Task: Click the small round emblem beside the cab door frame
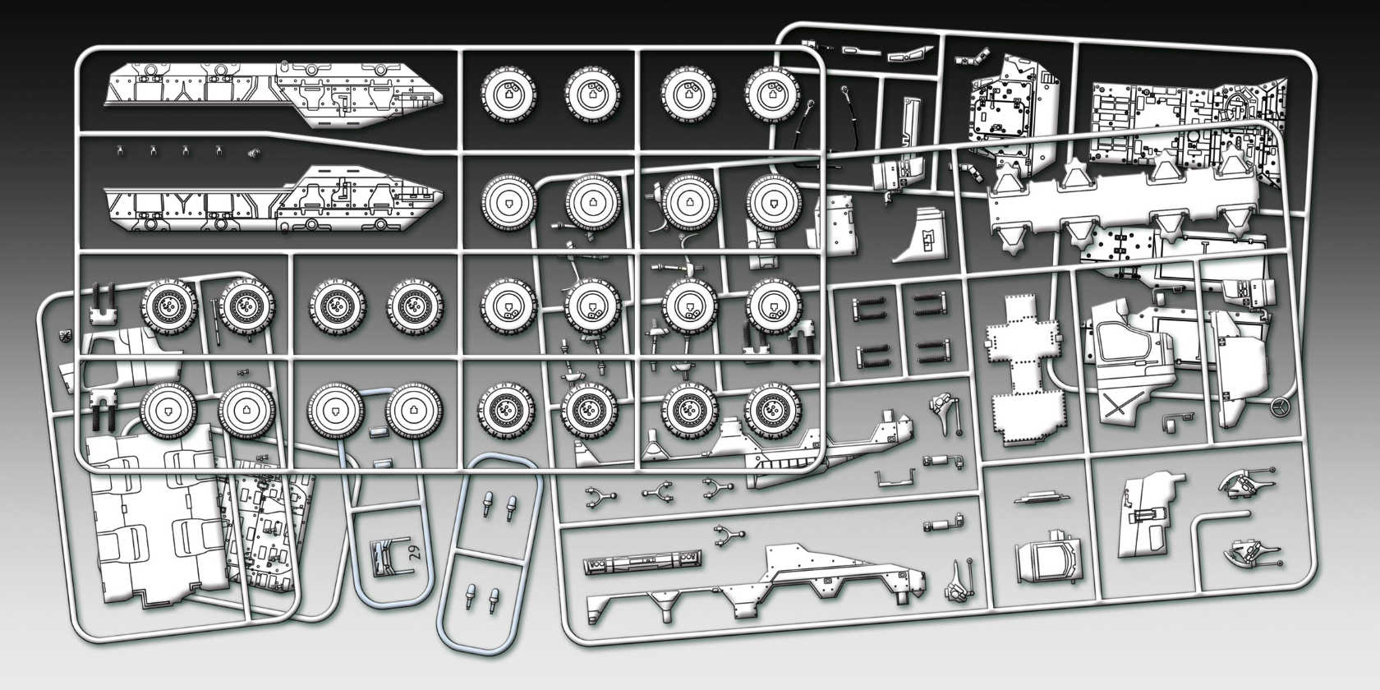[x=66, y=336]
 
